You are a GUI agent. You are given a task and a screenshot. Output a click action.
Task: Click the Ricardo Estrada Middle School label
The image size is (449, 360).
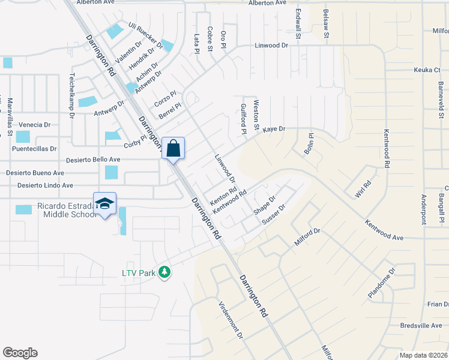coord(65,210)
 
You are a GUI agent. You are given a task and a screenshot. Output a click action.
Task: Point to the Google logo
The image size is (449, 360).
coord(20,353)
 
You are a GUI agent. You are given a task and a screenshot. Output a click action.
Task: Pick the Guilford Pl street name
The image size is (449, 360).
coord(244,118)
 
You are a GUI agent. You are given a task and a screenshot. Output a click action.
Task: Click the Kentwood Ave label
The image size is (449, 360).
coord(384,229)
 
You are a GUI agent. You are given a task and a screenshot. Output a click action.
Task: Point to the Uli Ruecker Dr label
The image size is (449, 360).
coord(145,35)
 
